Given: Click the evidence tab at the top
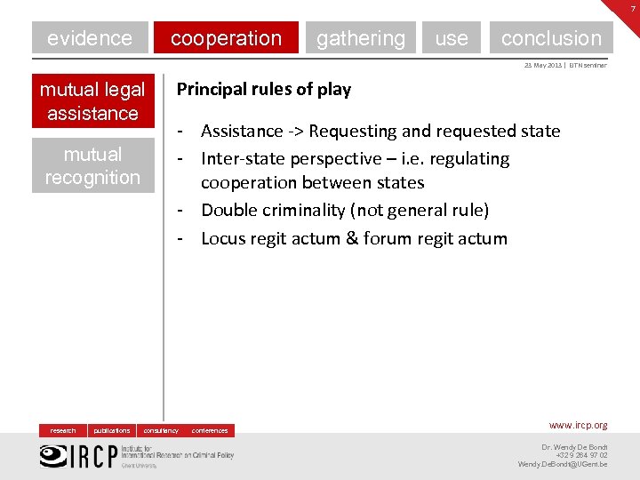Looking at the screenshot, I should tap(89, 38).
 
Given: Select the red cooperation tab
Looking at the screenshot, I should tap(226, 38).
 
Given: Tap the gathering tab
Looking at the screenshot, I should tap(360, 38).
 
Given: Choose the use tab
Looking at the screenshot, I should tap(451, 38).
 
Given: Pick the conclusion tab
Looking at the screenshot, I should tap(551, 38).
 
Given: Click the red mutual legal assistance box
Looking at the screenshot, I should tap(92, 101).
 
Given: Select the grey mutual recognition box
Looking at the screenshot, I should tap(92, 165).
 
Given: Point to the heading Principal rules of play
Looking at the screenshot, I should tap(264, 89).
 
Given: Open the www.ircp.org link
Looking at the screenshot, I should tap(578, 426).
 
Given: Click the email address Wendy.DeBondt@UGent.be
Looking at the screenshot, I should tap(563, 464).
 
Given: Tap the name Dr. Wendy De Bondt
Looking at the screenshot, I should tap(574, 446).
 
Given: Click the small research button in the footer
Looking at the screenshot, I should tap(63, 430).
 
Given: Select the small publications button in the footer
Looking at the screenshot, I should tap(112, 430).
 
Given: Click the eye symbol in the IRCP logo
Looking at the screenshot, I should tap(52, 454).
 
